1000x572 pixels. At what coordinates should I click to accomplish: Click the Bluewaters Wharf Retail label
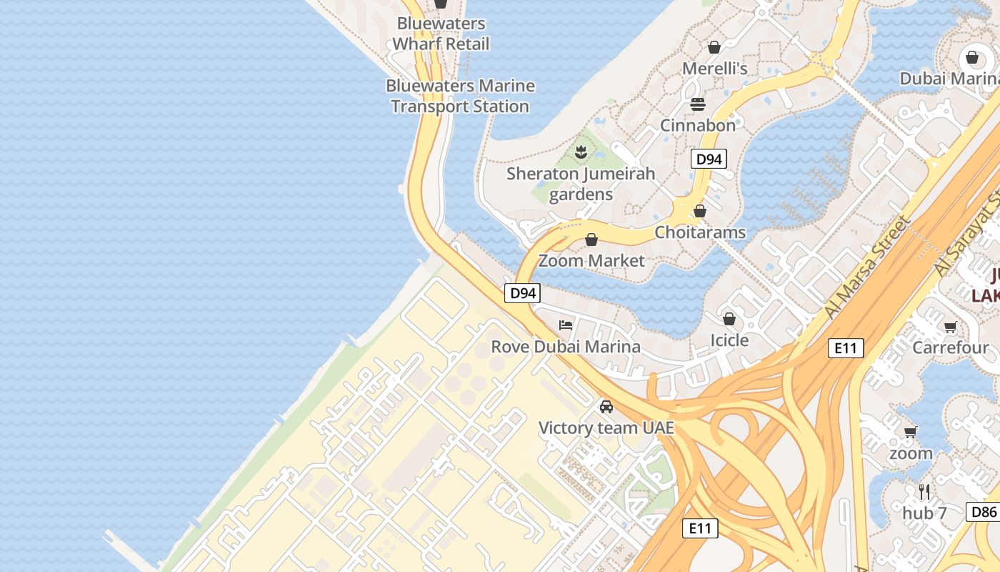(441, 34)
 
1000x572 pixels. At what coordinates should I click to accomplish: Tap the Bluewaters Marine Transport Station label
(460, 96)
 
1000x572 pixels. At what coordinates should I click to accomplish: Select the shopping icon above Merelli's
(714, 47)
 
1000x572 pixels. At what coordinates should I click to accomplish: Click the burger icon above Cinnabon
(698, 104)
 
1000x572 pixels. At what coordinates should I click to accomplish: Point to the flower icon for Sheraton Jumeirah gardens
(581, 152)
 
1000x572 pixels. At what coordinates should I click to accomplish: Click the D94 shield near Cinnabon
(709, 159)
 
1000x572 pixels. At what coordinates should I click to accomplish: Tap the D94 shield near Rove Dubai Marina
(523, 292)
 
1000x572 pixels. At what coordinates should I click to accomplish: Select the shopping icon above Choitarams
(700, 211)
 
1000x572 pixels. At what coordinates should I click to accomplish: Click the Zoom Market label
(591, 260)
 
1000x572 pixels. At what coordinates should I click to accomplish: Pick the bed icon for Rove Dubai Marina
(566, 325)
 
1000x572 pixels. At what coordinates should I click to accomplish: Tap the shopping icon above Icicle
(729, 319)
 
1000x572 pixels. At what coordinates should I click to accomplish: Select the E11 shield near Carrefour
(846, 348)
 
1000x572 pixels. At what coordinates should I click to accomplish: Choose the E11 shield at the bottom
(699, 528)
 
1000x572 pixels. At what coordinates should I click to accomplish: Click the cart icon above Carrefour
(950, 327)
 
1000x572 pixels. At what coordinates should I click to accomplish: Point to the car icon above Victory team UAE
(606, 407)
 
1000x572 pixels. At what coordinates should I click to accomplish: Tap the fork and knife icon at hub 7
(924, 491)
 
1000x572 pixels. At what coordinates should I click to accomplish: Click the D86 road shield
(983, 511)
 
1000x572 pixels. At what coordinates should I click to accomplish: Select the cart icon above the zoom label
(911, 432)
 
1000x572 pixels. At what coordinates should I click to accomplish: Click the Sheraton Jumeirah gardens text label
(581, 184)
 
